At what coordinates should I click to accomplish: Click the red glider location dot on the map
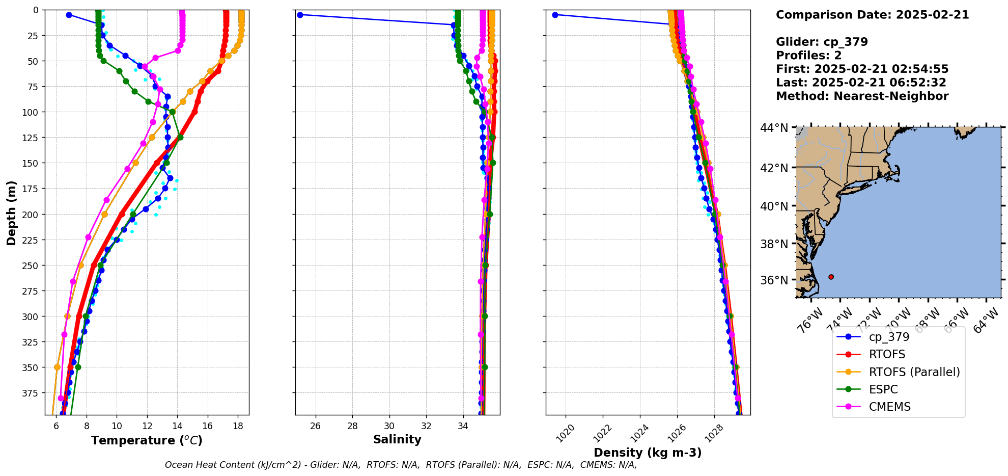point(831,277)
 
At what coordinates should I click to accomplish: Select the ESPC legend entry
point(883,389)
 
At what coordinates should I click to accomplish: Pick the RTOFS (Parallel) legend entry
point(914,372)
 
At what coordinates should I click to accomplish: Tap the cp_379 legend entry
point(889,337)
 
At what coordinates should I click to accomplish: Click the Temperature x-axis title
point(147,440)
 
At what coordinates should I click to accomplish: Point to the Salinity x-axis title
point(397,439)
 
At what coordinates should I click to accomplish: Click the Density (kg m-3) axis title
point(648,453)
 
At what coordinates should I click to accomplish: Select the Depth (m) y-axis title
point(11,213)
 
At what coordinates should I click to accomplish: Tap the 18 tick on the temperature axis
point(238,427)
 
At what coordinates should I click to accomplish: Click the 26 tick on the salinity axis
point(316,427)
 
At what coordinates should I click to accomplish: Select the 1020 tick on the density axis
point(566,433)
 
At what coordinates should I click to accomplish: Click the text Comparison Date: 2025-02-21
point(872,15)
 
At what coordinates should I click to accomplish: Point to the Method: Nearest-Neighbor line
point(862,96)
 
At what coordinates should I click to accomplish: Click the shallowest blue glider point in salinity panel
point(300,15)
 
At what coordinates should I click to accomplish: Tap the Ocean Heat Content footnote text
point(401,465)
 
